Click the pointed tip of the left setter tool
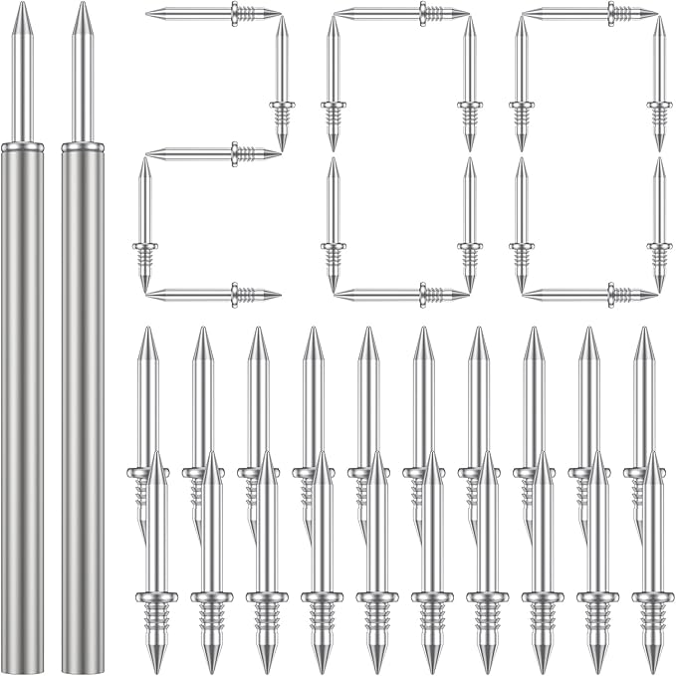(21, 8)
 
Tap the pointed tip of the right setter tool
(83, 8)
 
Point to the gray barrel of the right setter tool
(83, 398)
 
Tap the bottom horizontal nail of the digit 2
(213, 294)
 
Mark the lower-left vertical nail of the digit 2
(145, 225)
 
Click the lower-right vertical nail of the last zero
(658, 225)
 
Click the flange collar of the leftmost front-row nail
(156, 597)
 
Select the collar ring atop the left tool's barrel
(22, 146)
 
